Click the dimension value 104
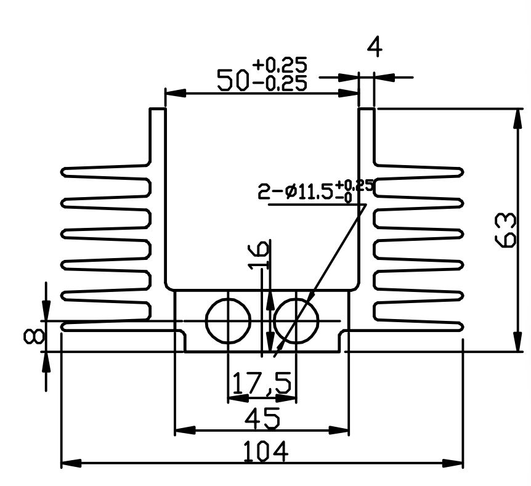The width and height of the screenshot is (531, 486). click(266, 452)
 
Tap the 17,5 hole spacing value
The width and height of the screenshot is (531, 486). click(261, 383)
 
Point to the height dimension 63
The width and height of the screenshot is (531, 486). click(505, 230)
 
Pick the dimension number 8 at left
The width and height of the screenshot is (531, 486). click(33, 337)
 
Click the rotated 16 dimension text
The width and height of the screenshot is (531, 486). click(259, 254)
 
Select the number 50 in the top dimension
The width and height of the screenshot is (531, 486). click(232, 80)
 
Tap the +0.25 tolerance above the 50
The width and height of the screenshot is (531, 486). click(280, 65)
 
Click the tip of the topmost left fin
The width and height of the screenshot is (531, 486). click(62, 172)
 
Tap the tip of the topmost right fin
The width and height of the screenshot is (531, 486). click(463, 172)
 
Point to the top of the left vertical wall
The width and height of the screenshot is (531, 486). click(158, 108)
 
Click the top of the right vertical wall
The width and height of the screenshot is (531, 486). click(367, 108)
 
